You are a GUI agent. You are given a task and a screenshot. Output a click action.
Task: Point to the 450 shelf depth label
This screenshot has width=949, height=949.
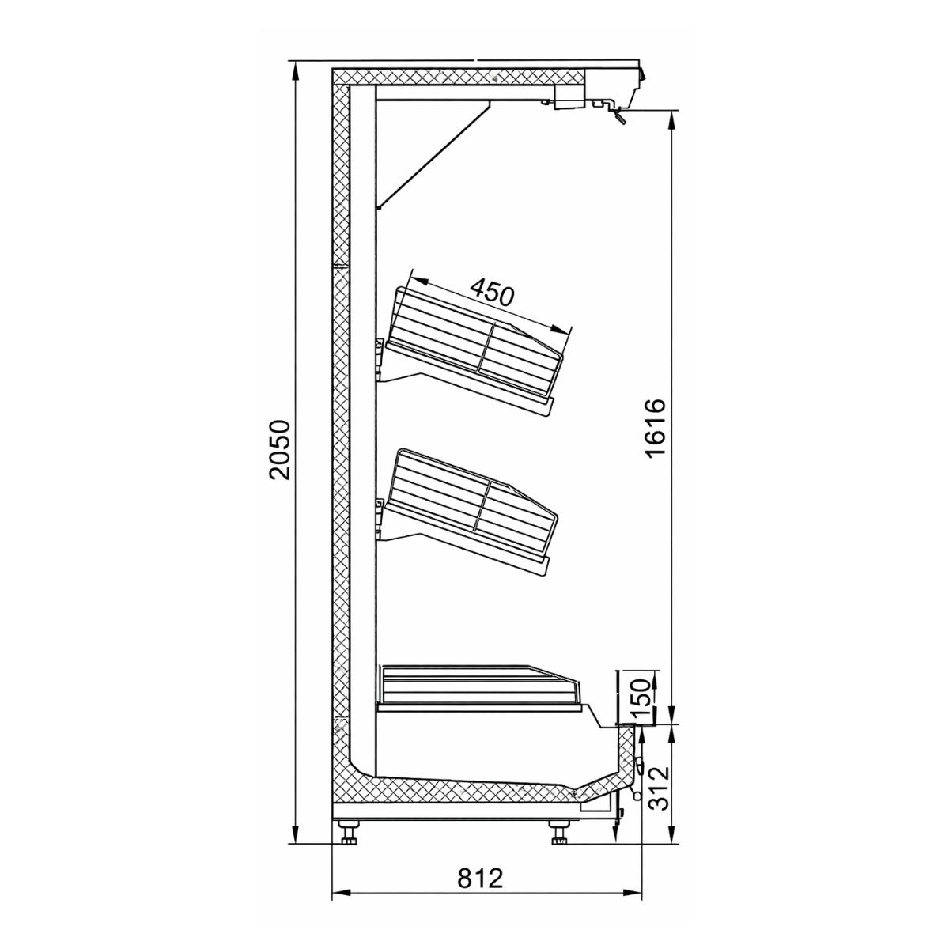tap(492, 293)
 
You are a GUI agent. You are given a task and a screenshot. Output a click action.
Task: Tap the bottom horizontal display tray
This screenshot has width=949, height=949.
tap(482, 685)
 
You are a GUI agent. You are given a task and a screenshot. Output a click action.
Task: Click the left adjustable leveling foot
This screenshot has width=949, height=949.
tap(349, 834)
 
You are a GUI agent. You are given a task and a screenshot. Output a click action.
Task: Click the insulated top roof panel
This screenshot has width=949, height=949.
tap(459, 77)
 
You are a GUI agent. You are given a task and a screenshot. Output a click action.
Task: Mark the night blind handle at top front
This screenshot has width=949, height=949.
tap(618, 117)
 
